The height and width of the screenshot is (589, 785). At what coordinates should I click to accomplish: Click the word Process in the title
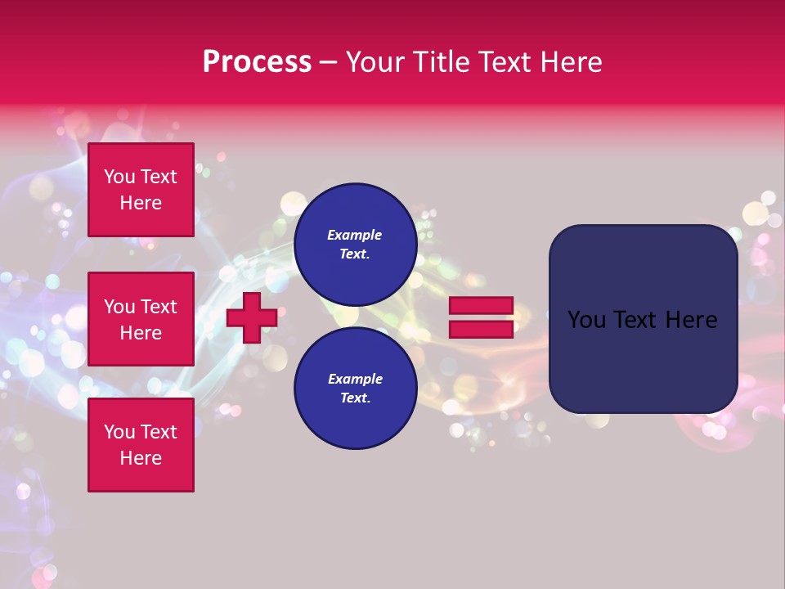[257, 62]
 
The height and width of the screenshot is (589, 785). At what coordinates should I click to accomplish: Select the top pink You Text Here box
[141, 190]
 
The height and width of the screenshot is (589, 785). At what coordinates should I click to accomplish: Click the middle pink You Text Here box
[141, 319]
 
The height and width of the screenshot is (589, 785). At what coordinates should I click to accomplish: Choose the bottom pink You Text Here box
[141, 445]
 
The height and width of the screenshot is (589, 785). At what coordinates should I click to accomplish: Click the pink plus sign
[252, 318]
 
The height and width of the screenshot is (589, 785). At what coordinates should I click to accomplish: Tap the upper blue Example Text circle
[355, 244]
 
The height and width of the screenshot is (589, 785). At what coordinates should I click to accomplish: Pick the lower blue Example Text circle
[355, 388]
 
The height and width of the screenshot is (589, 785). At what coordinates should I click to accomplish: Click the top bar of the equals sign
[481, 305]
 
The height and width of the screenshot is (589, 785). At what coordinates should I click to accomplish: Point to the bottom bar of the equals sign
[481, 329]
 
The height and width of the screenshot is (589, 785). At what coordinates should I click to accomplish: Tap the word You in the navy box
[586, 320]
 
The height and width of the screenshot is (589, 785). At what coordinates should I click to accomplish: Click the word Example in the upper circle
[355, 235]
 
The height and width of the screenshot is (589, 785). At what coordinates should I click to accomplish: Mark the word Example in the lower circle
[355, 379]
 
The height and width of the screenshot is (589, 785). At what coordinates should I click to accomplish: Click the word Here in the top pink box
[141, 203]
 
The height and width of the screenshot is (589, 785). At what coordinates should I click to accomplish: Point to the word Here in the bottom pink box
[141, 458]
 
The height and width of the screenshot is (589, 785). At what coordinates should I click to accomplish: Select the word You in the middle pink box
[119, 307]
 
